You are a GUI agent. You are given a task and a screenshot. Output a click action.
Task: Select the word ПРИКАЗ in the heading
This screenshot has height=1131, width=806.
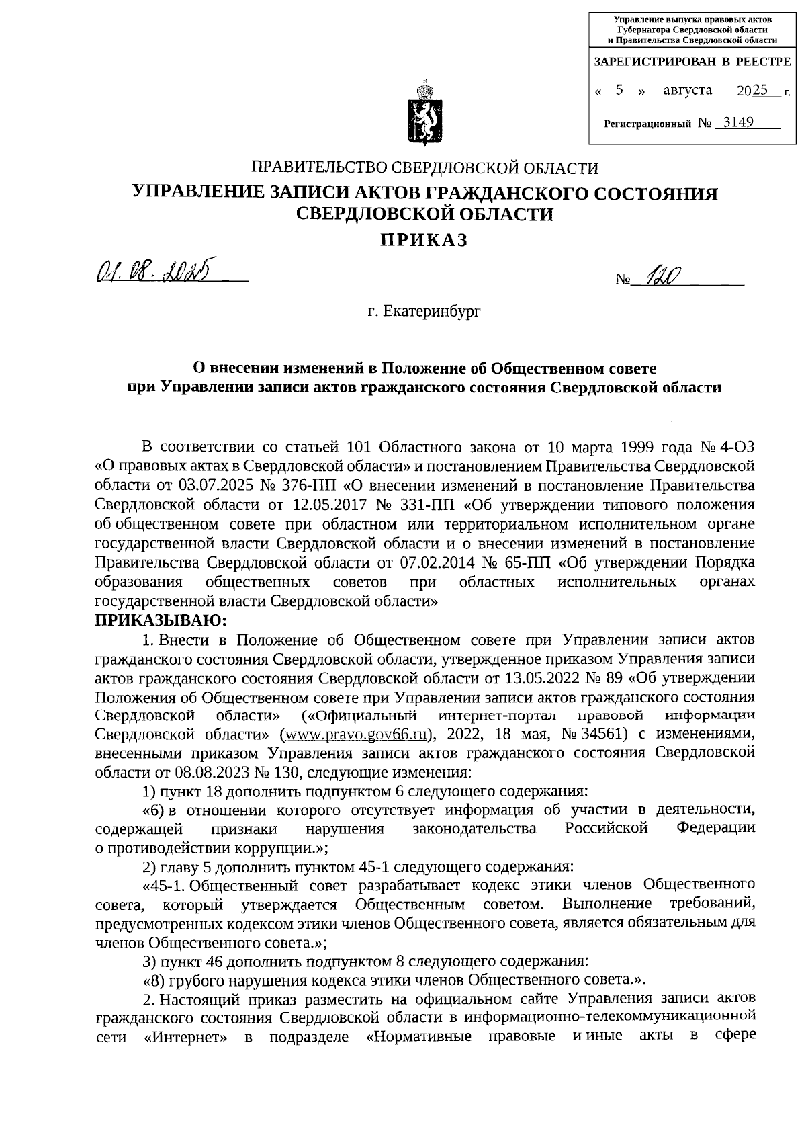[x=423, y=240]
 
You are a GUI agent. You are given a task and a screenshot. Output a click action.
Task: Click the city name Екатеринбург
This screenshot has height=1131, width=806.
[x=424, y=311]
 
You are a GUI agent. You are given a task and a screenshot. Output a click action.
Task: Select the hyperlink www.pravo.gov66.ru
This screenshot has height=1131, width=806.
[x=354, y=732]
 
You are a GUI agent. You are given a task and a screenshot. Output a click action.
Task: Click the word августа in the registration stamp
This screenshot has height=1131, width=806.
[x=687, y=89]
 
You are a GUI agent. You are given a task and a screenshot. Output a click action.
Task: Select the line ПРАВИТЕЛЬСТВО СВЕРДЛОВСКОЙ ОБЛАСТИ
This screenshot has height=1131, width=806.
[x=424, y=167]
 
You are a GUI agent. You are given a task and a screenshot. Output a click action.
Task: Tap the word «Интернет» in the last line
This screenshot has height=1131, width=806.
[x=185, y=1054]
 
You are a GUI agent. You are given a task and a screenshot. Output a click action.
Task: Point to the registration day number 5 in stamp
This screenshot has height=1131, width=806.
[x=620, y=89]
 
